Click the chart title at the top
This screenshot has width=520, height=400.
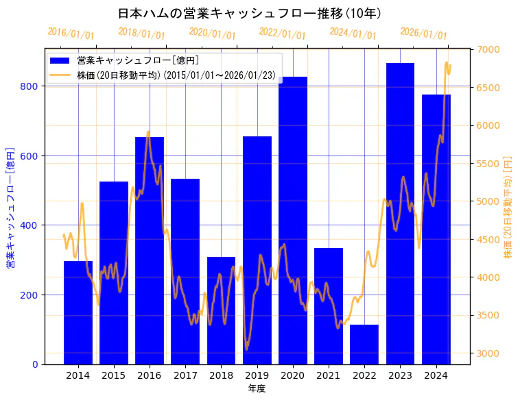(x=250, y=13)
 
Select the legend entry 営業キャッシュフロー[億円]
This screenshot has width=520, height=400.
(x=138, y=60)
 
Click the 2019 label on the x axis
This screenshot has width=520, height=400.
(x=257, y=375)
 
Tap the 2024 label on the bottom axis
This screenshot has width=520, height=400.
(x=436, y=375)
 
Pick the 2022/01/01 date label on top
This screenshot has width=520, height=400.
(x=282, y=33)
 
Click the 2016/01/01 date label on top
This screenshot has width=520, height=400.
(x=71, y=33)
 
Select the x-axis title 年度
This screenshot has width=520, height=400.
(x=257, y=388)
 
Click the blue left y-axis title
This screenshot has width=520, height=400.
(x=10, y=206)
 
